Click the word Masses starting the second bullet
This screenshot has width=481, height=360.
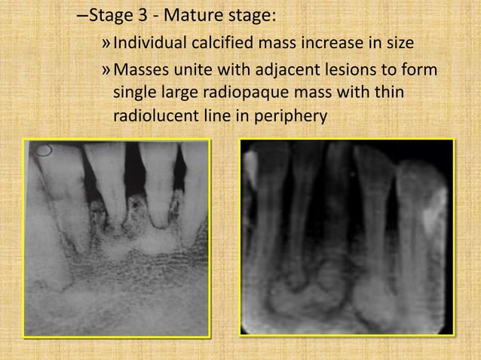(x=140, y=72)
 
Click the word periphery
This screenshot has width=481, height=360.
(x=292, y=118)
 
